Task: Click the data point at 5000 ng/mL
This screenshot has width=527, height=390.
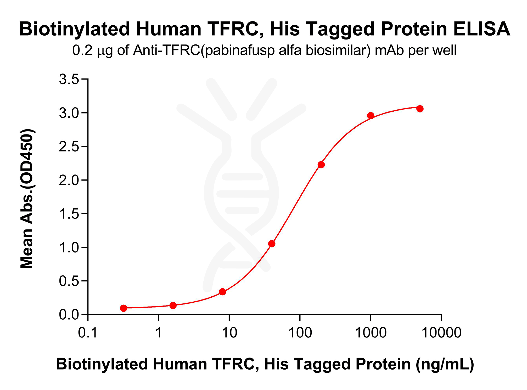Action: [x=420, y=109]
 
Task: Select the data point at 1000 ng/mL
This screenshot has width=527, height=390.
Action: [x=371, y=116]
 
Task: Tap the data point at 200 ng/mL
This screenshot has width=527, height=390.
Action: [x=321, y=165]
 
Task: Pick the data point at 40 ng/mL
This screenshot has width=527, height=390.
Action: [x=272, y=244]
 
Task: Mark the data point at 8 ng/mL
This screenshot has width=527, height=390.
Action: [x=222, y=292]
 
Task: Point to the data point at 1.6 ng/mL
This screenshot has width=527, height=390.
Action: [x=173, y=305]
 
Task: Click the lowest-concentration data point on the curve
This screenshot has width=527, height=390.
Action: [x=124, y=308]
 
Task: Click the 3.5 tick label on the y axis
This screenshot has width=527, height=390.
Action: [x=69, y=79]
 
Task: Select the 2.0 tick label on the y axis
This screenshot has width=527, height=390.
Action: [x=69, y=180]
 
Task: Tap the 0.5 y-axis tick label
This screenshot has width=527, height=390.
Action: [x=69, y=281]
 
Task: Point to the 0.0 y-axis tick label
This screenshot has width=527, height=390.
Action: [x=69, y=315]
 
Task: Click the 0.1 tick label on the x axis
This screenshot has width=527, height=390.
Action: [x=88, y=333]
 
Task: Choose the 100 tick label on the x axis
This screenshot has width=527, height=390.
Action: [x=300, y=333]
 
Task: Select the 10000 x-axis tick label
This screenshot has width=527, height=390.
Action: [x=442, y=333]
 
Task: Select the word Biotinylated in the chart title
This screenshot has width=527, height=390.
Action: [x=75, y=29]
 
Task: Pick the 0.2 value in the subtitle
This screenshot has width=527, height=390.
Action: [x=82, y=50]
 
